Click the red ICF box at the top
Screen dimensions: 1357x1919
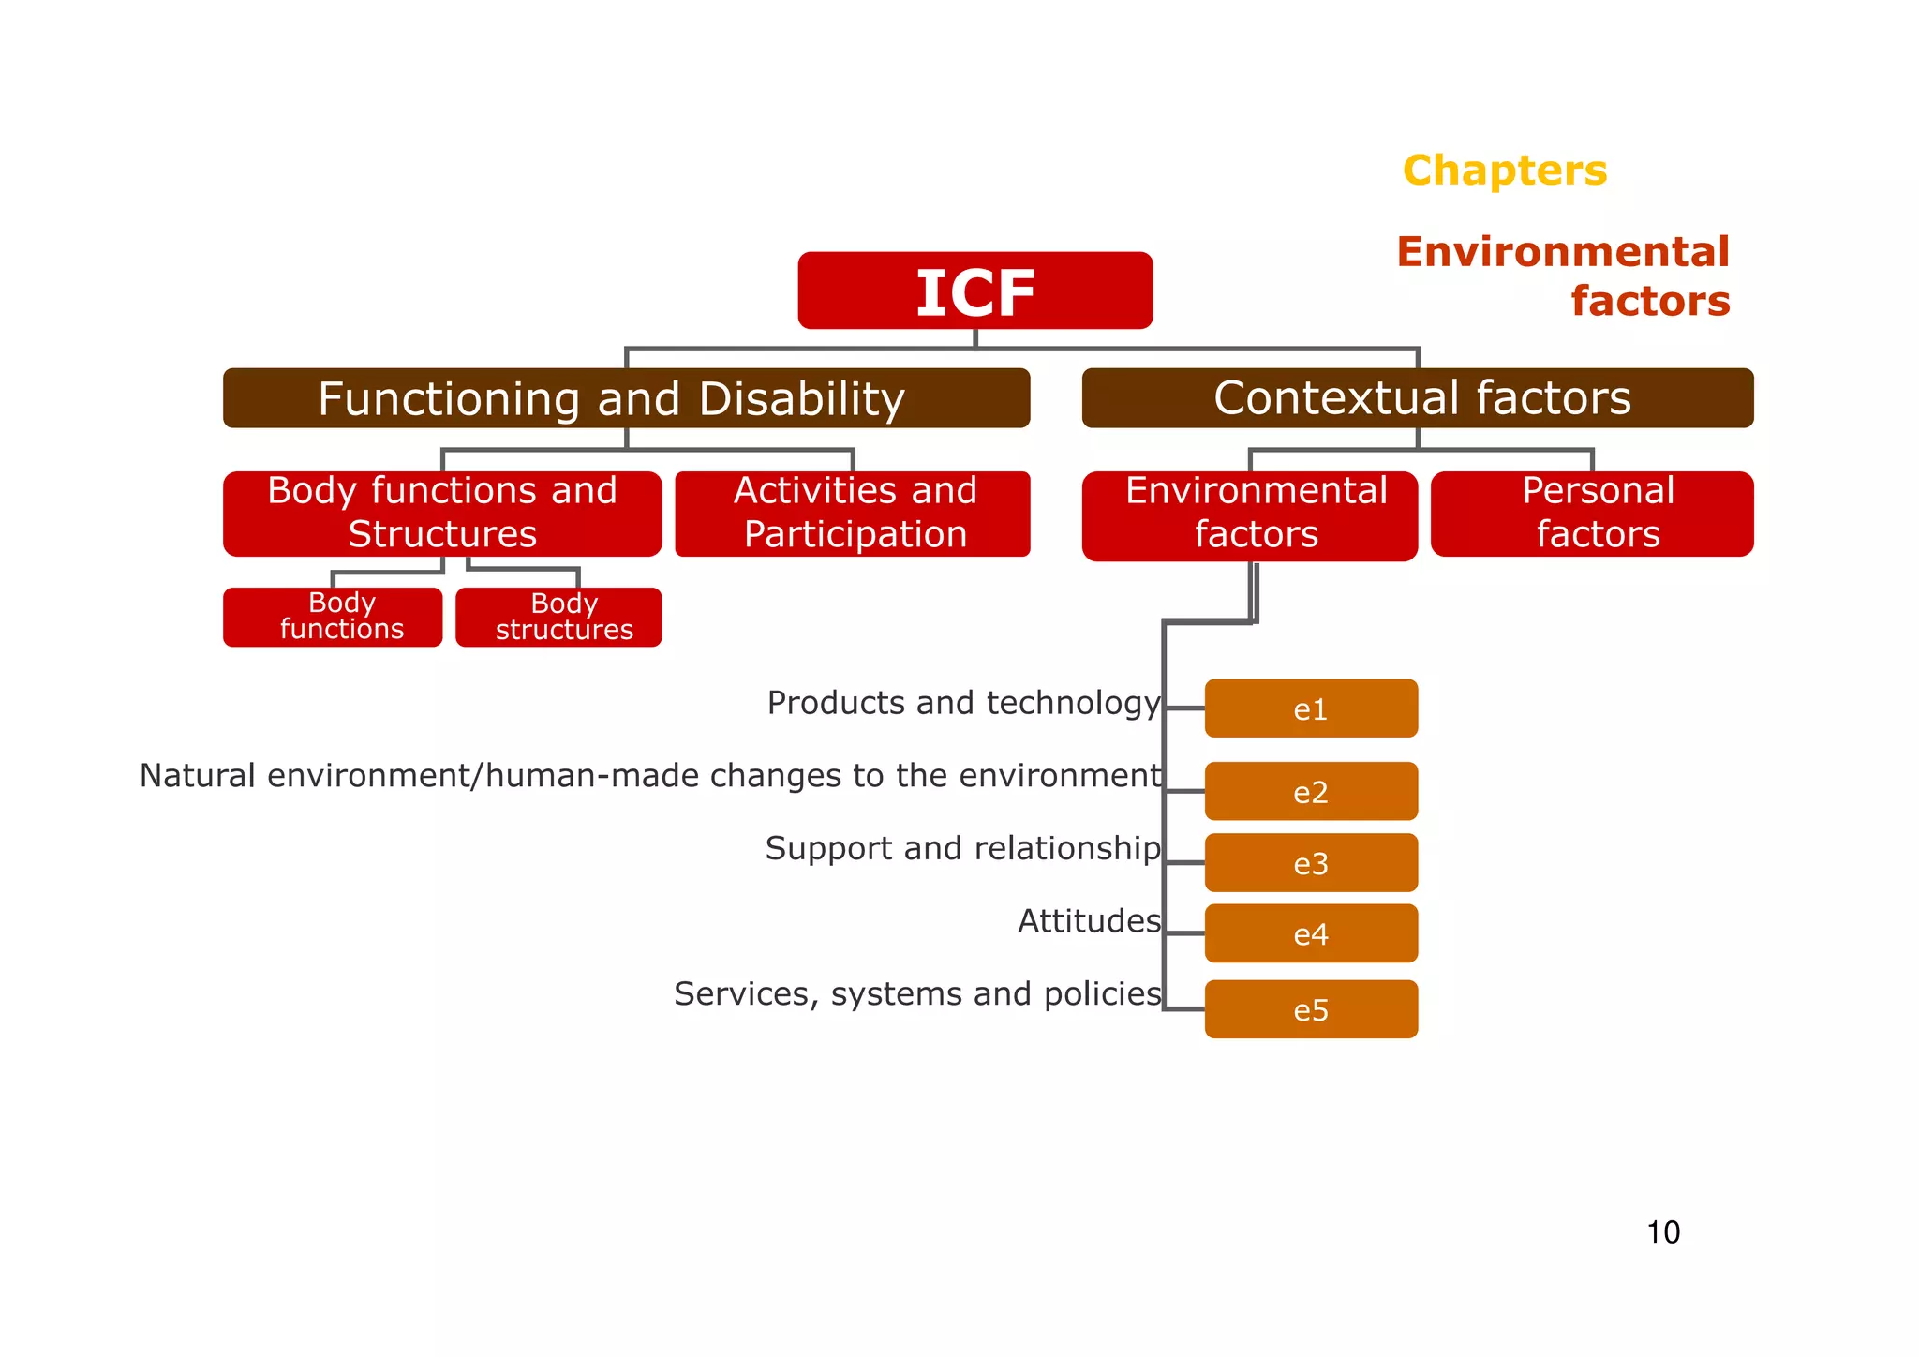click(x=974, y=291)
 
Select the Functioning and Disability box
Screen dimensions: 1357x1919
click(x=626, y=398)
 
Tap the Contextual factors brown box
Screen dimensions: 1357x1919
click(x=1417, y=398)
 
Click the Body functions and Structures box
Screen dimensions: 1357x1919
click(x=442, y=514)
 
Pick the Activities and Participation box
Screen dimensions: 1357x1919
click(x=853, y=514)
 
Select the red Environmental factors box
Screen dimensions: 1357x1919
click(x=1249, y=515)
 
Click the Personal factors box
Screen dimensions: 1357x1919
click(x=1592, y=514)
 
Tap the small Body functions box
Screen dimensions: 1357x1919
click(x=333, y=617)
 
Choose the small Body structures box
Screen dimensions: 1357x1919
click(x=558, y=617)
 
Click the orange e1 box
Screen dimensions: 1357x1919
click(x=1311, y=708)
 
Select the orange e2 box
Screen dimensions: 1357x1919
click(x=1311, y=791)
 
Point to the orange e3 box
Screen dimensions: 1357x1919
click(x=1311, y=862)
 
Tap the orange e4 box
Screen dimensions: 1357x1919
click(x=1311, y=933)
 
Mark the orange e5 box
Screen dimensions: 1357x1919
click(x=1311, y=1009)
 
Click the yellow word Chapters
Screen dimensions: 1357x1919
click(x=1505, y=171)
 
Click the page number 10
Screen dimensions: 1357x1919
click(x=1663, y=1232)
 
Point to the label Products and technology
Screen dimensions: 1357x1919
click(x=963, y=703)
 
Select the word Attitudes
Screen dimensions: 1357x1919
click(x=1089, y=921)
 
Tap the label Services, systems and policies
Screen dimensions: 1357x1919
click(x=917, y=993)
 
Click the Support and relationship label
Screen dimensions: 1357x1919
click(x=962, y=848)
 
